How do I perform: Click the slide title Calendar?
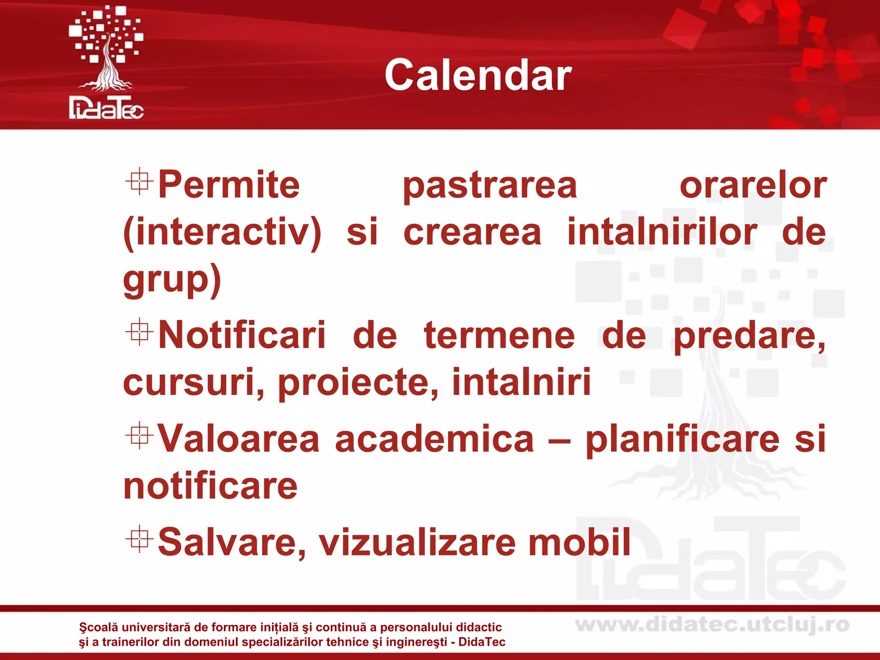[478, 76]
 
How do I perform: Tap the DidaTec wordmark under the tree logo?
[106, 108]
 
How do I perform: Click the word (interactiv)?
[222, 232]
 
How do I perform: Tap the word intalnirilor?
[662, 232]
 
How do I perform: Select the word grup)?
[172, 280]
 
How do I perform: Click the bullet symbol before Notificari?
[139, 332]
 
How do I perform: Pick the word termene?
[499, 336]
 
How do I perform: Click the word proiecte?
[358, 383]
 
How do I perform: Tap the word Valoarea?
[239, 439]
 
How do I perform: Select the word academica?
[434, 439]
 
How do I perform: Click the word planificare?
[682, 440]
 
